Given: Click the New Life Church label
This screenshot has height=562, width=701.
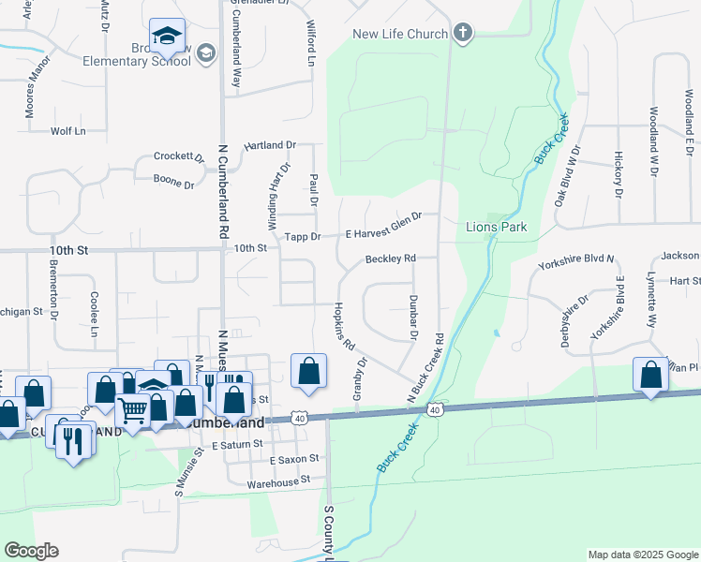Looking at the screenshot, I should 399,35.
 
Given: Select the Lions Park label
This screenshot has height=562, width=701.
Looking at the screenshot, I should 497,228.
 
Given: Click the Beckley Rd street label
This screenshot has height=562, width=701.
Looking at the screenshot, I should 390,259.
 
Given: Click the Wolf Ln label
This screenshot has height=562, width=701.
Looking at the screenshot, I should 67,131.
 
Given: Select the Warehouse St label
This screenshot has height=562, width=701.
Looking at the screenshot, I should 277,482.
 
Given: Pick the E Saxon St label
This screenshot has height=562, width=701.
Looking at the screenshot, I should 294,460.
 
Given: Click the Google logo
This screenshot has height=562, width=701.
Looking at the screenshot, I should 31,551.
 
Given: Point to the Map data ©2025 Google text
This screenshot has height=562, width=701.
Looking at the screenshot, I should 642,555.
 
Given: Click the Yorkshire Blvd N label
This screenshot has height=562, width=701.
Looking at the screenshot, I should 575,262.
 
